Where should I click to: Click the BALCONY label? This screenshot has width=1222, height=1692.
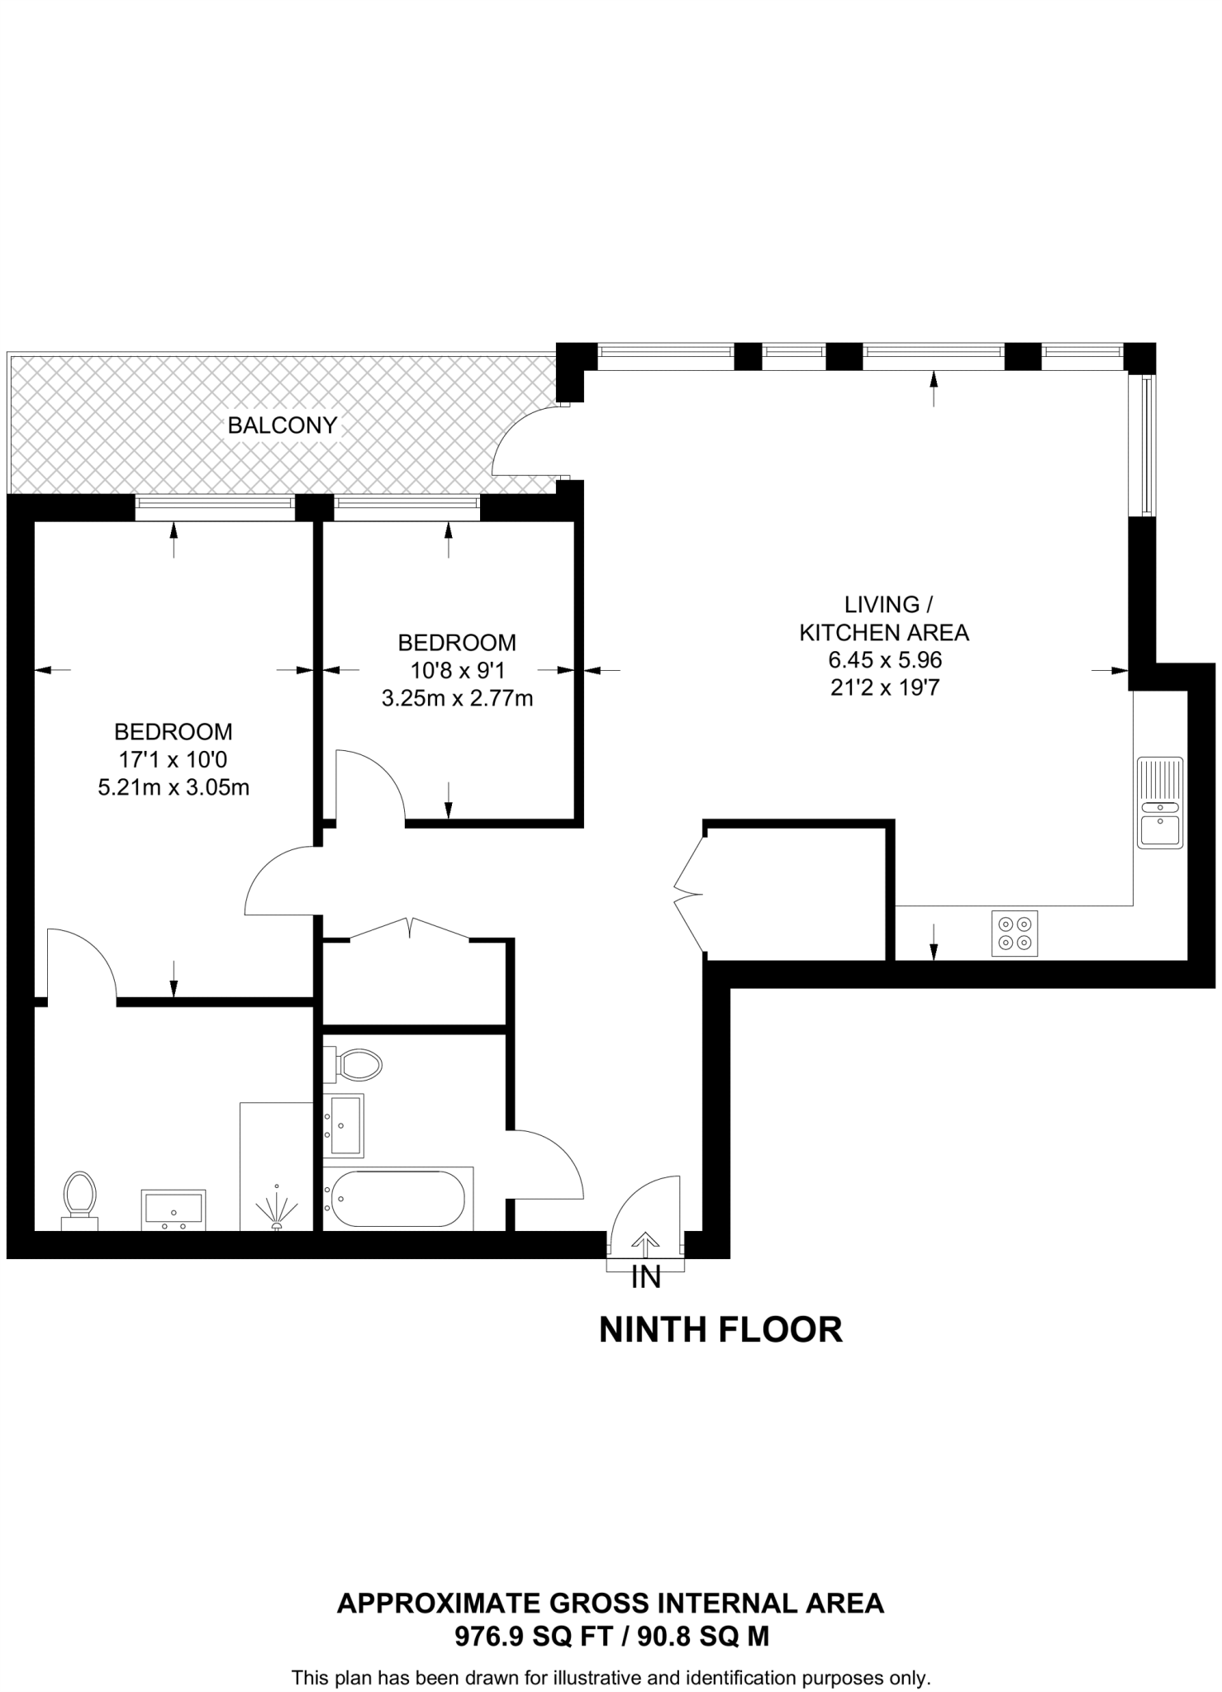click(282, 425)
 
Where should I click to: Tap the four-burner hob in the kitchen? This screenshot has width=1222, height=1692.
click(1014, 934)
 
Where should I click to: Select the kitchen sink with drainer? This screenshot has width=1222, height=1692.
click(1160, 802)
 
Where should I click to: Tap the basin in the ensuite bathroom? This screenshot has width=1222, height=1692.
click(173, 1209)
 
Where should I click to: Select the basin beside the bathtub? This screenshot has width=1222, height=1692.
click(343, 1124)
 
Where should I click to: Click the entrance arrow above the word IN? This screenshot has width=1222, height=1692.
click(645, 1241)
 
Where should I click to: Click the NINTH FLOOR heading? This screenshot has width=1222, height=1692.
click(720, 1330)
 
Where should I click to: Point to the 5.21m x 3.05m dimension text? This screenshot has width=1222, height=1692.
click(174, 787)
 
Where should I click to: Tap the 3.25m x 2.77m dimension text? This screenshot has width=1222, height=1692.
click(457, 699)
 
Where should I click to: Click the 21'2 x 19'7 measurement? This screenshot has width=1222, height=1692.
click(884, 687)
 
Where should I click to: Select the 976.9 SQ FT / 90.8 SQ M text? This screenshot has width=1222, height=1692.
click(611, 1636)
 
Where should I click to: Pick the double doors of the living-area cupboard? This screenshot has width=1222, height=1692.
click(688, 893)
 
